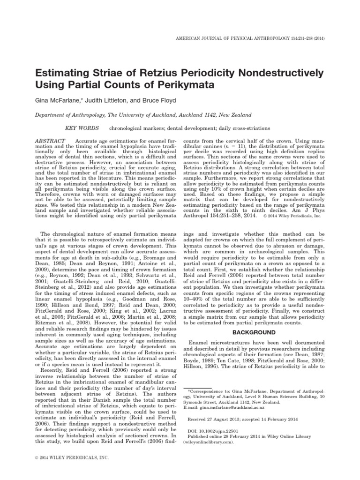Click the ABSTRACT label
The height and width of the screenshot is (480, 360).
[51, 141]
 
